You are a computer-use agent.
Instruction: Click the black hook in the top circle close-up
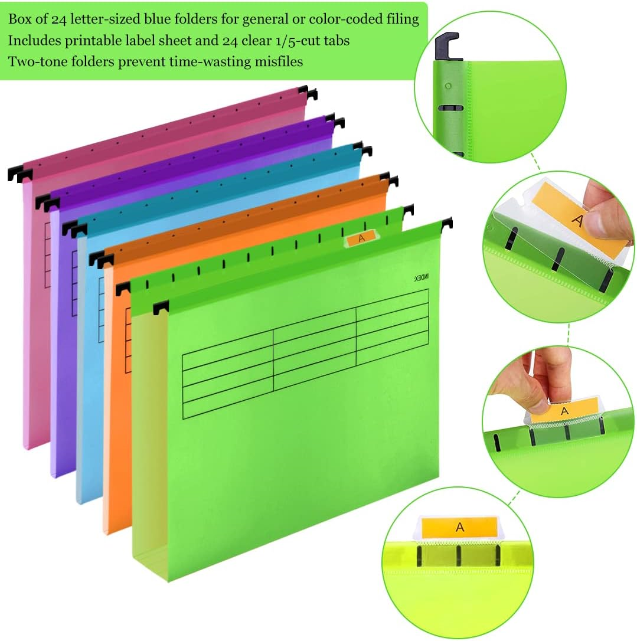click(446, 47)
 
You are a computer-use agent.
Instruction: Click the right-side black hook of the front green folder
click(447, 223)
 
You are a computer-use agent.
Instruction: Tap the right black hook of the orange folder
click(389, 179)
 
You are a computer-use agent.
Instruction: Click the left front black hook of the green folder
click(160, 308)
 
